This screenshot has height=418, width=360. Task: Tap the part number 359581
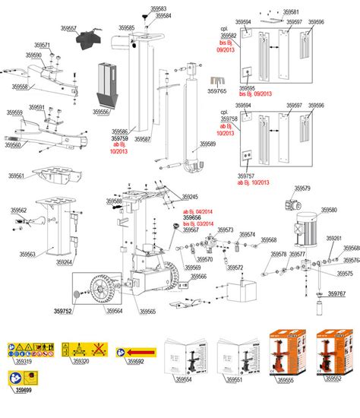[x=291, y=12]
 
